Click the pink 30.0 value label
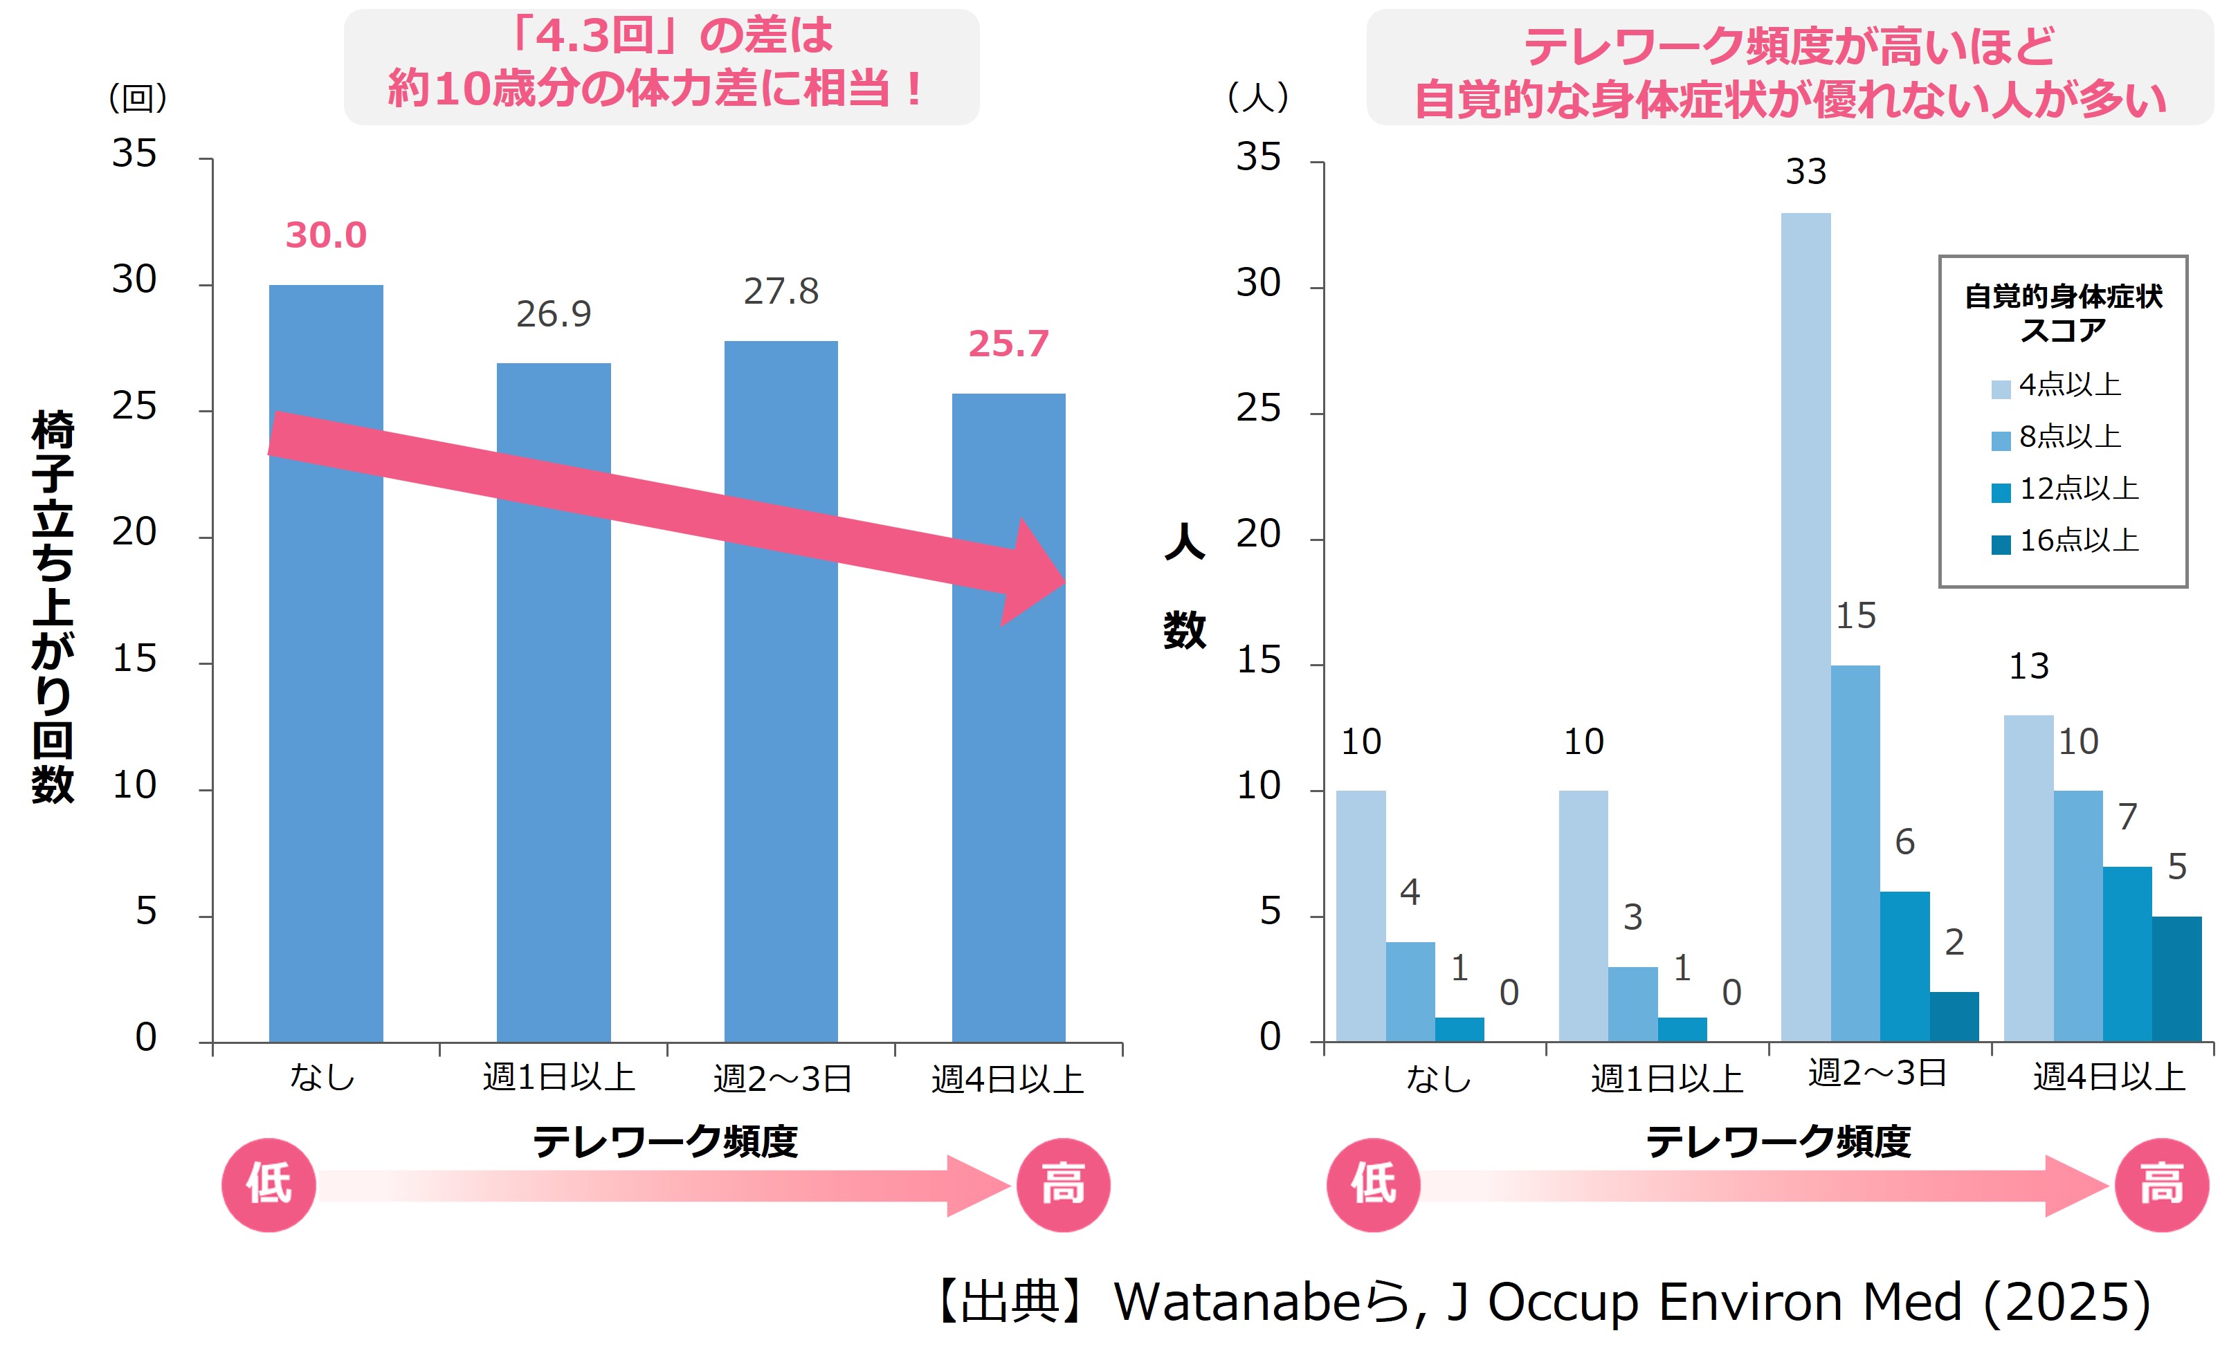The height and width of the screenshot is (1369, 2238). point(326,235)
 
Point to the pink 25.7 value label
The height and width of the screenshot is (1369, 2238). point(1008,344)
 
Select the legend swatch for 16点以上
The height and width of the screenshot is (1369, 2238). point(2000,544)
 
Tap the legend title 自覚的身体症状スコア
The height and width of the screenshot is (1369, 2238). point(2063,312)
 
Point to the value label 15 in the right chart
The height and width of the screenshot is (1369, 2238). point(1855,616)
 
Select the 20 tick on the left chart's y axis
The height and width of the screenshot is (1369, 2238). point(134,533)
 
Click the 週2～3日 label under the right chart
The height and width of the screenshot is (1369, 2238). point(1877,1073)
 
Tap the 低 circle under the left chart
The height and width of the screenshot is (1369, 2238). point(269,1185)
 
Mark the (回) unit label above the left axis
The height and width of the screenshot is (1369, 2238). point(138,97)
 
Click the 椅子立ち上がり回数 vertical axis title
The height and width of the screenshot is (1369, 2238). point(53,607)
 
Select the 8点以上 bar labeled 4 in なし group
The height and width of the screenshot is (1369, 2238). point(1410,991)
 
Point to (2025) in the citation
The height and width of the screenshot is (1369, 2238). point(2066,1303)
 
